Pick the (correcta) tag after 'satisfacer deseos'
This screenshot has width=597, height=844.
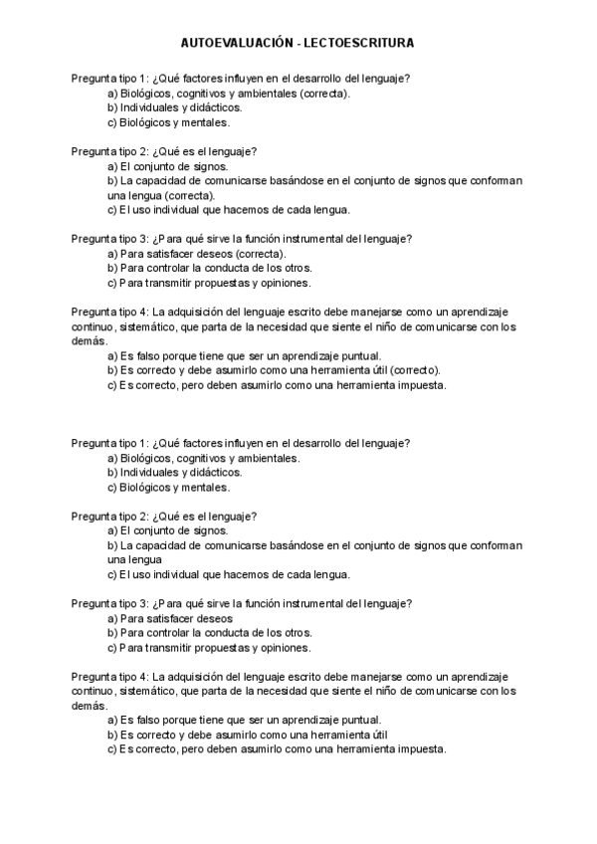click(249, 253)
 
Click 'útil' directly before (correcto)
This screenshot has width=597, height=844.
click(378, 370)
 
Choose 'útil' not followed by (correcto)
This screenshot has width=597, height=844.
click(378, 735)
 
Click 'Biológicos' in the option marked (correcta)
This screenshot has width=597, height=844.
click(145, 93)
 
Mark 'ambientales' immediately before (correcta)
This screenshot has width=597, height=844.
click(270, 93)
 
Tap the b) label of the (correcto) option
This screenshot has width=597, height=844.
click(111, 370)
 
